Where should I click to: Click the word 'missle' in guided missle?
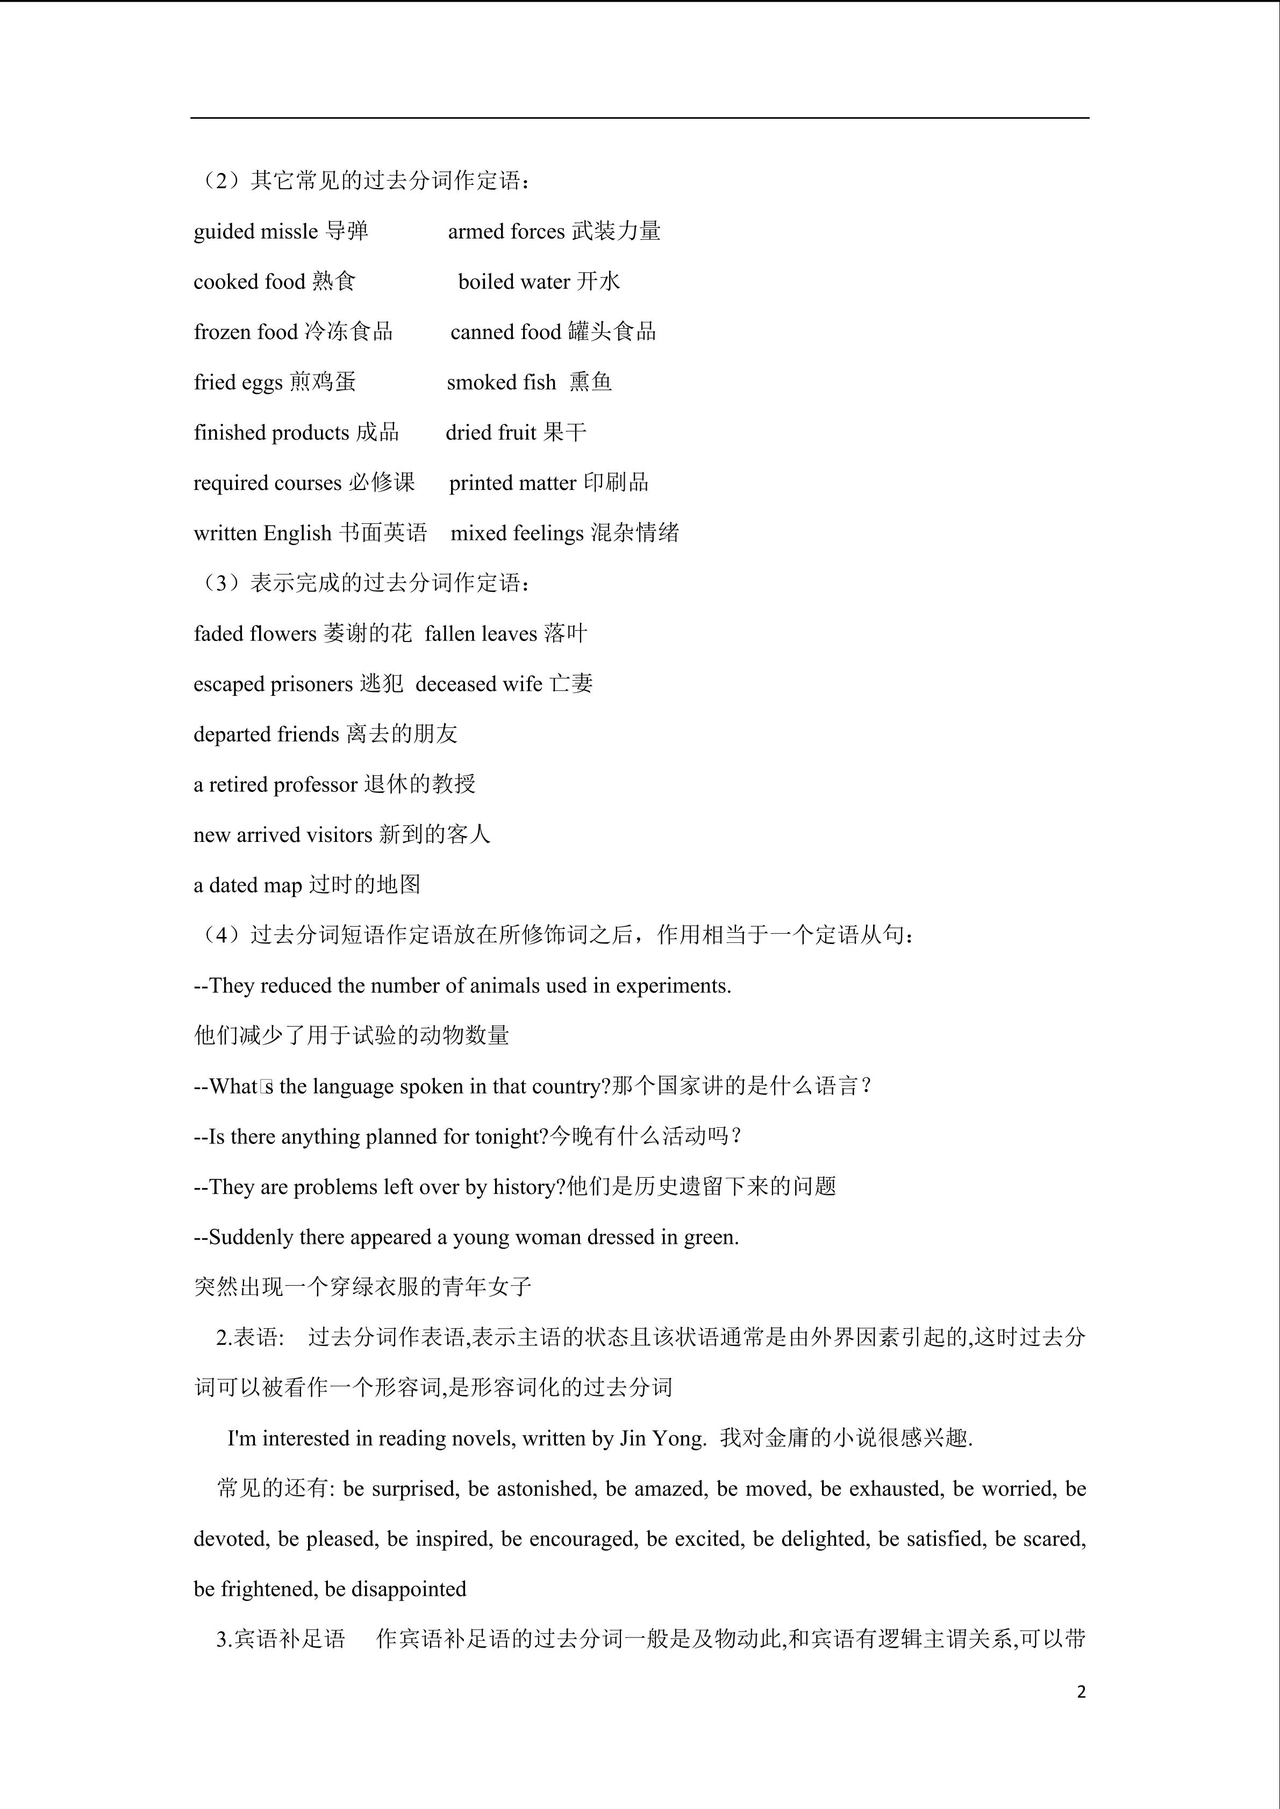click(289, 232)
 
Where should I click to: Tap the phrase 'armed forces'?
click(506, 232)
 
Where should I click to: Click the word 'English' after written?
click(297, 534)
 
